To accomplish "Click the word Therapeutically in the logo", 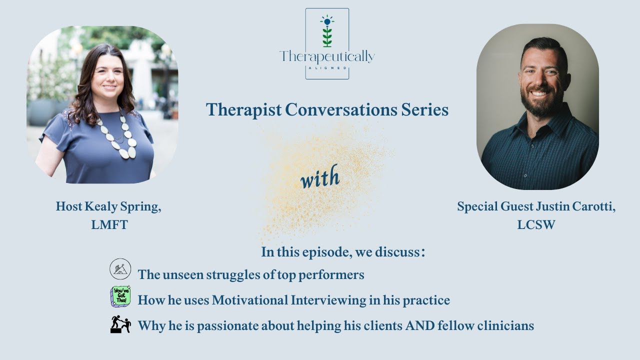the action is pyautogui.click(x=327, y=56).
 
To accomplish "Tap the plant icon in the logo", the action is pyautogui.click(x=327, y=31).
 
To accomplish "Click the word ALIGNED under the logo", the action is pyautogui.click(x=327, y=68).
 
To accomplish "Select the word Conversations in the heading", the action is pyautogui.click(x=341, y=109).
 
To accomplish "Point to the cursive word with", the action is pyautogui.click(x=320, y=177).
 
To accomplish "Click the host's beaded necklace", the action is pyautogui.click(x=118, y=136).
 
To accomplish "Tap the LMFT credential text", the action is pyautogui.click(x=109, y=225).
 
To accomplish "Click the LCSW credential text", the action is pyautogui.click(x=536, y=225).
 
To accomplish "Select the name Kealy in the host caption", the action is pyautogui.click(x=101, y=206).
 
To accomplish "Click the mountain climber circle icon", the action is pyautogui.click(x=120, y=269).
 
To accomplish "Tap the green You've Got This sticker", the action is pyautogui.click(x=120, y=296).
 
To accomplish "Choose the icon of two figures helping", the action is pyautogui.click(x=120, y=324).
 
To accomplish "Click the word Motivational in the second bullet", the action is pyautogui.click(x=250, y=300).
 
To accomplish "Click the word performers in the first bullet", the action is pyautogui.click(x=331, y=275).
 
